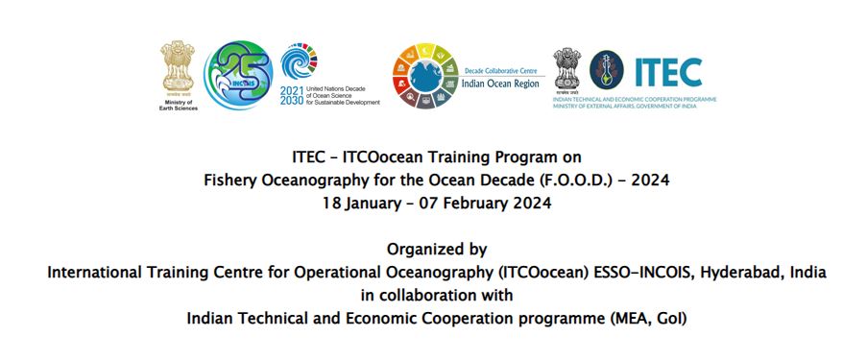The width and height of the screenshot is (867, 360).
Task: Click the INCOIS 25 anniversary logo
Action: pyautogui.click(x=238, y=74)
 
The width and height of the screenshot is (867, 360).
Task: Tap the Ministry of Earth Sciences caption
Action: pyautogui.click(x=177, y=104)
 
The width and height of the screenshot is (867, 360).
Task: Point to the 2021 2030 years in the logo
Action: pyautogui.click(x=291, y=93)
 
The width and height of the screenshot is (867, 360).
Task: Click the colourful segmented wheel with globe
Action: pyautogui.click(x=424, y=74)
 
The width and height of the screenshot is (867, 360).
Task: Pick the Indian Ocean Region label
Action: pyautogui.click(x=501, y=84)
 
